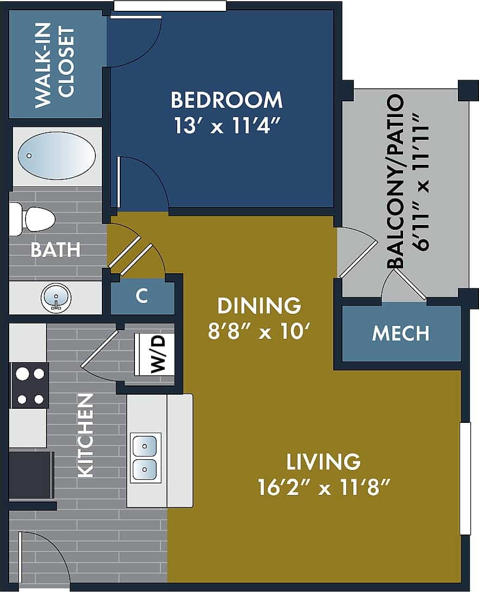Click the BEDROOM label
tap(226, 100)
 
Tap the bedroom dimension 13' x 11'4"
tap(226, 126)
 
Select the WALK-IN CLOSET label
tap(54, 65)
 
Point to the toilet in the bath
tap(34, 219)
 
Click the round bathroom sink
tap(56, 298)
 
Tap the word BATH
tap(55, 250)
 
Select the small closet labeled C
tap(142, 297)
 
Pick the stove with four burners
tap(30, 385)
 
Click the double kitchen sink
tap(145, 458)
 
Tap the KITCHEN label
tap(86, 435)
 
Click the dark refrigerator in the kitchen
tap(31, 475)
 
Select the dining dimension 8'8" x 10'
tap(262, 331)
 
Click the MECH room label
tap(400, 333)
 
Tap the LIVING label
tap(323, 462)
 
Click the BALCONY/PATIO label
tap(396, 182)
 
